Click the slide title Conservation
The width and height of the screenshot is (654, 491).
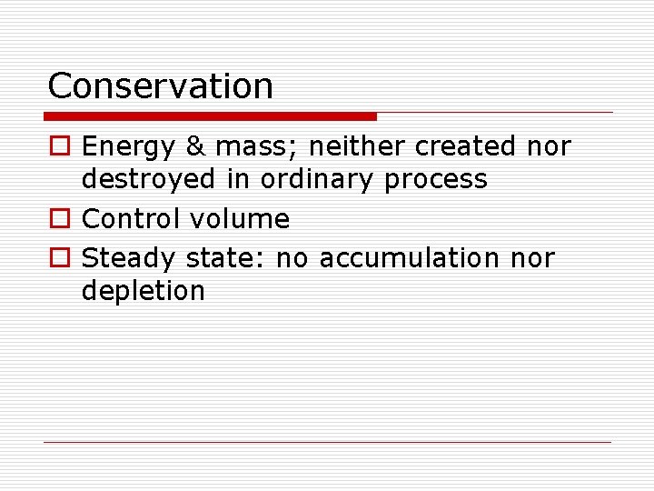coord(160,86)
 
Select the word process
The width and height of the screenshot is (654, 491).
coord(436,180)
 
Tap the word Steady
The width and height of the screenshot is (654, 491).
coord(129,259)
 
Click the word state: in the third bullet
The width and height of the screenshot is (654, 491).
coord(226,259)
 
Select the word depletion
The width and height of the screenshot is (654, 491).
coord(144,292)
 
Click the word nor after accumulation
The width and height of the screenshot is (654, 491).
coord(532,259)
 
